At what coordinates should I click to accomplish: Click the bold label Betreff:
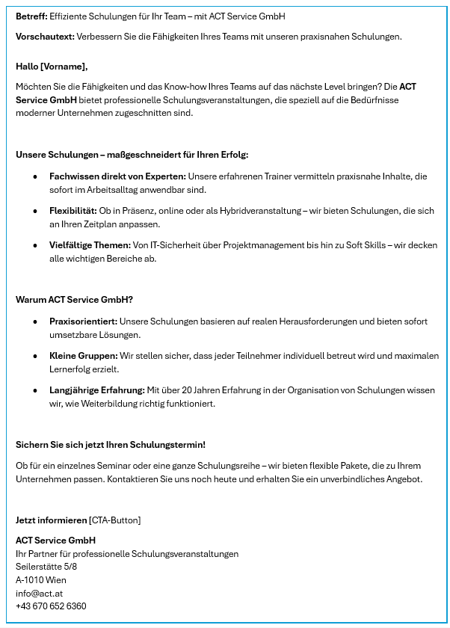tap(31, 16)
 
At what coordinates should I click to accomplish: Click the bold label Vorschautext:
tap(41, 36)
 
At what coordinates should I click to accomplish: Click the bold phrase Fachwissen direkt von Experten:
tap(117, 176)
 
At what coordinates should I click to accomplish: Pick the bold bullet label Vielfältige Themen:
tap(90, 245)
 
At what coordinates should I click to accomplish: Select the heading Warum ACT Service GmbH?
tap(74, 300)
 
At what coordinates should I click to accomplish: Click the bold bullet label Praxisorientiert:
tap(83, 321)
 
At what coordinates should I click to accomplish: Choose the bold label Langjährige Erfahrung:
tap(96, 390)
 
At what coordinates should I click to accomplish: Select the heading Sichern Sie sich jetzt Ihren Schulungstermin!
tap(110, 445)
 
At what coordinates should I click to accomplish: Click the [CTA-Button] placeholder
tap(114, 520)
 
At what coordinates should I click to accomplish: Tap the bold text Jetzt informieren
tap(51, 520)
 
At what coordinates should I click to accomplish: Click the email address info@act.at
tap(39, 593)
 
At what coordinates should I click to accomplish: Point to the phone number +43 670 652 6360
tap(51, 606)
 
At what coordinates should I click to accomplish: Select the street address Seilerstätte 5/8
tap(46, 567)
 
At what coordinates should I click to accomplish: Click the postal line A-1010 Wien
tap(40, 580)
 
